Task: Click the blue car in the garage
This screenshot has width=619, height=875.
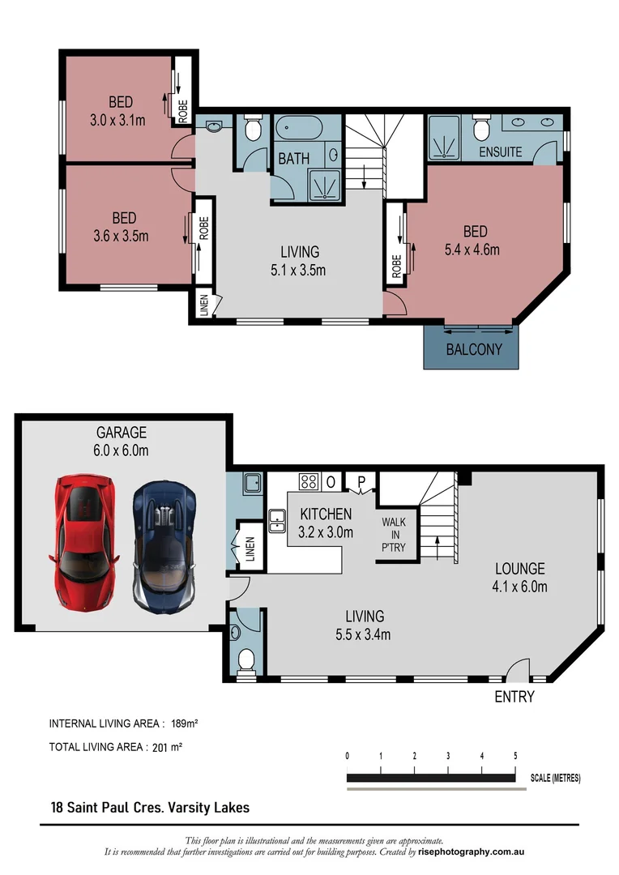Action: pos(164,546)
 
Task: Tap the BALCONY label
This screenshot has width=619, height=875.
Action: pos(474,350)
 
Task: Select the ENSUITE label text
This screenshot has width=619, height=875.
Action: pos(500,152)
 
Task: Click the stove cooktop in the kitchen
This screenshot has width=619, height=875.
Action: pos(308,481)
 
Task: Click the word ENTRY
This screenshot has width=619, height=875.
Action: pos(514,696)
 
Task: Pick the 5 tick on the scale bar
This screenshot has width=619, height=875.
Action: pos(515,755)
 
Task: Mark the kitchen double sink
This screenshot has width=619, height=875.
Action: pos(277,519)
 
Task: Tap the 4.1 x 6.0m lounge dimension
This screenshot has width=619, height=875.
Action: pos(520,586)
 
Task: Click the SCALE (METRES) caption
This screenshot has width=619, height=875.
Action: pos(555,778)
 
